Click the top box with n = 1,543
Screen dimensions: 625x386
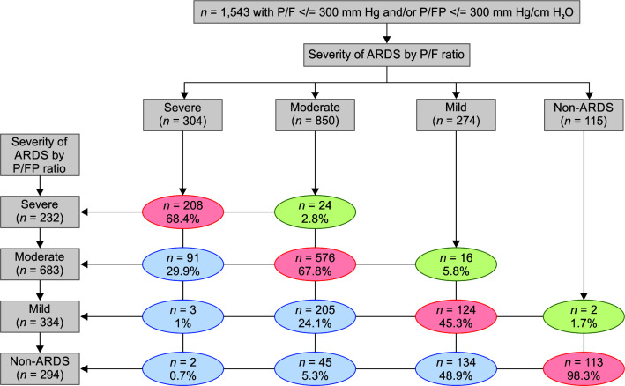[x=387, y=12]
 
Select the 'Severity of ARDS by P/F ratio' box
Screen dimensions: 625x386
[x=387, y=55]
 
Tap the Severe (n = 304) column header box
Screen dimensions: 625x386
[x=183, y=115]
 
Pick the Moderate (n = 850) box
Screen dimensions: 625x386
[x=315, y=115]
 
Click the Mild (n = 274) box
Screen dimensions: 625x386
[x=456, y=115]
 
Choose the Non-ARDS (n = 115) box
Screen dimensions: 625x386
[x=584, y=115]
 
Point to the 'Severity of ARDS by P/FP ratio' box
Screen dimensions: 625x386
[x=40, y=155]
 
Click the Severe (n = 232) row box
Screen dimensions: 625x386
[x=40, y=212]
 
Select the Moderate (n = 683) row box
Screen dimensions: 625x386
[x=40, y=264]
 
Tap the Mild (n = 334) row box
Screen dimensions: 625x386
[x=40, y=316]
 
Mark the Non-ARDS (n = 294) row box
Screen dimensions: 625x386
[x=40, y=368]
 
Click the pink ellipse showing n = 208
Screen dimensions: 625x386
[x=183, y=212]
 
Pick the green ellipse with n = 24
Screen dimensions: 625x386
[x=315, y=212]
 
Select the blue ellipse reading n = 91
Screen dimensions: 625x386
[x=183, y=264]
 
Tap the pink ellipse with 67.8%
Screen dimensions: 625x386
[x=315, y=264]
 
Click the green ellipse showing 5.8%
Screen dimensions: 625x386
[x=456, y=264]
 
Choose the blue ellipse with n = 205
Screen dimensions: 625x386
[x=315, y=316]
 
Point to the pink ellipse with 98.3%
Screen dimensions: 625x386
[x=584, y=369]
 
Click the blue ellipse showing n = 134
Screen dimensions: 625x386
[x=456, y=369]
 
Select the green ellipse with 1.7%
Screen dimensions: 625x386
[x=584, y=316]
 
